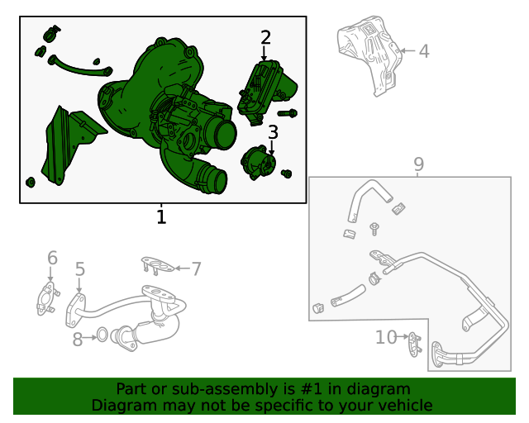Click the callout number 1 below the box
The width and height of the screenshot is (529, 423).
click(161, 216)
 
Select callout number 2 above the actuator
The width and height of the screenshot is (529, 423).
click(265, 37)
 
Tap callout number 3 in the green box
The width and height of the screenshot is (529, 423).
click(273, 132)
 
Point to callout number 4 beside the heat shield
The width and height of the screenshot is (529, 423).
click(424, 51)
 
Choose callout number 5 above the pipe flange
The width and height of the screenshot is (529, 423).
click(79, 269)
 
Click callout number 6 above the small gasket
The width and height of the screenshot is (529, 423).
click(52, 258)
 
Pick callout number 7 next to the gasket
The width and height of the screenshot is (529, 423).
click(197, 269)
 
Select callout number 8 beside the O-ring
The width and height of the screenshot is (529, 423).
click(78, 339)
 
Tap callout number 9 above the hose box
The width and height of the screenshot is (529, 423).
click(419, 164)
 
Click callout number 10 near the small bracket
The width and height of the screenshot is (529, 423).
click(387, 337)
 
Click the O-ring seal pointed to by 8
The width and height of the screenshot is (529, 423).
click(102, 335)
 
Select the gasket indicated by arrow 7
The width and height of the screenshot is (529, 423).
click(158, 265)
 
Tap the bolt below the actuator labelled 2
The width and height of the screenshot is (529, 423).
click(288, 113)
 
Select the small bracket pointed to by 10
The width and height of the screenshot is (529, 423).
click(415, 345)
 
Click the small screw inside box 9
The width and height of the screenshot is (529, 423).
click(374, 228)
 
